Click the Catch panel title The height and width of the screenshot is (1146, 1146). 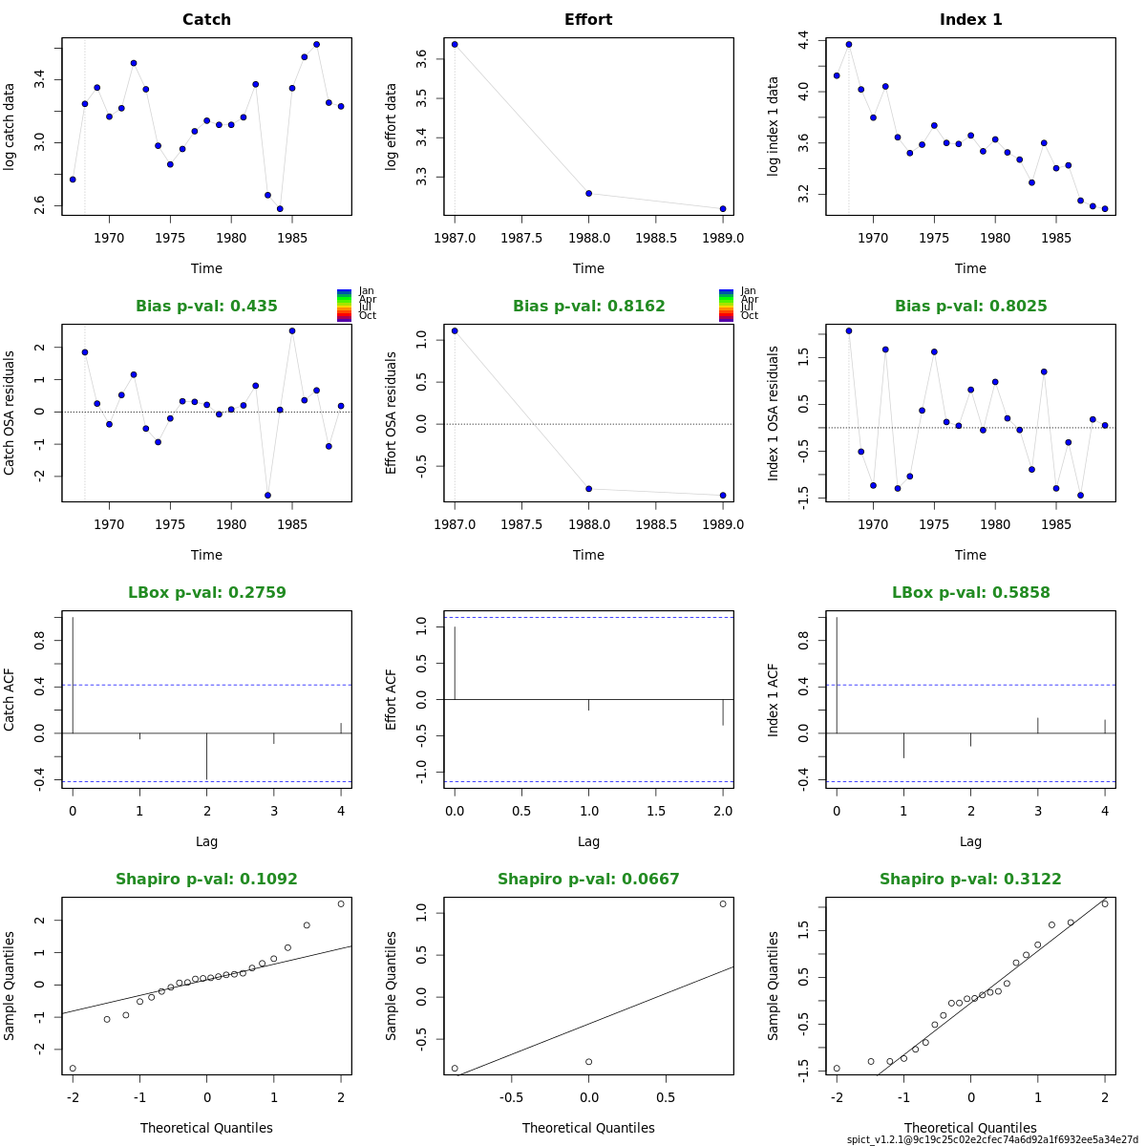click(206, 20)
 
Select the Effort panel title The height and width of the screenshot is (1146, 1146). click(588, 20)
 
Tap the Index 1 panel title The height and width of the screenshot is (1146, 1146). click(970, 20)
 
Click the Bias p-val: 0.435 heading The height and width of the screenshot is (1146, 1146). click(206, 307)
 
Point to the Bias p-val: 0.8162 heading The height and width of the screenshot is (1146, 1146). click(588, 307)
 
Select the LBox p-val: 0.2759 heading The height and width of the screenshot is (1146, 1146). click(206, 593)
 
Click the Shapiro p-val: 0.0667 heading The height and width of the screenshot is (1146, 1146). click(588, 880)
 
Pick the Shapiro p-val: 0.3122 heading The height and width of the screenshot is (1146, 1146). click(970, 880)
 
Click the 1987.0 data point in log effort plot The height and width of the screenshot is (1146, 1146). click(455, 44)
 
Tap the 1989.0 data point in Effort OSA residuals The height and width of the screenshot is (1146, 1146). click(723, 496)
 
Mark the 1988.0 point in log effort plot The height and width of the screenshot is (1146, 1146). click(588, 194)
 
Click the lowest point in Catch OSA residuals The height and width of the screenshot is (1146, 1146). click(267, 496)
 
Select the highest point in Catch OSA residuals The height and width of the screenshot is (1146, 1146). click(292, 330)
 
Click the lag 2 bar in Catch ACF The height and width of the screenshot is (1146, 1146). click(206, 756)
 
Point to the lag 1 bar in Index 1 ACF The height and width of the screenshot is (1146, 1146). click(903, 746)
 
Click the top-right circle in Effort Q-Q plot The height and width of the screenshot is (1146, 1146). click(723, 903)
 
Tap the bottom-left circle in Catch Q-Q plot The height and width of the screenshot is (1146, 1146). click(73, 1069)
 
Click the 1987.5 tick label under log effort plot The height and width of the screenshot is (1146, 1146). click(522, 238)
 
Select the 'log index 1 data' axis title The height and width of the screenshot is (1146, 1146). click(774, 126)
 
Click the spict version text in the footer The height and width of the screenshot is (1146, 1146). click(992, 1139)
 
